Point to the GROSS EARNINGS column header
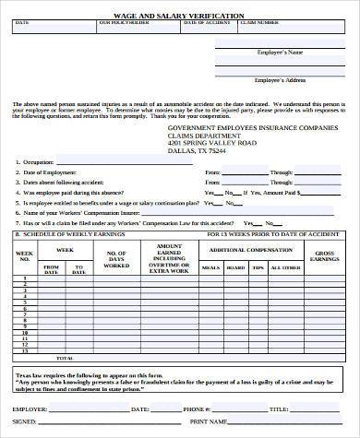327,255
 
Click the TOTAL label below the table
66,356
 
